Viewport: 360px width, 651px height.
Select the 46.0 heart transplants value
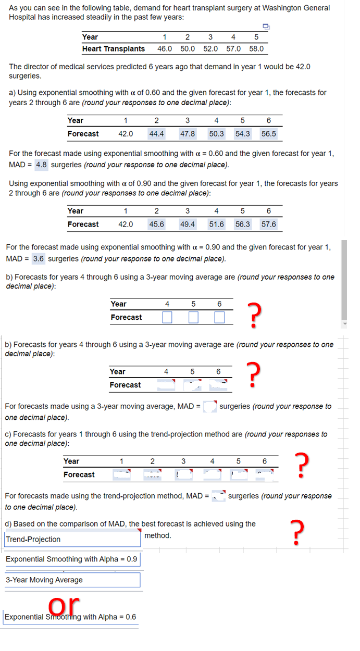click(x=165, y=49)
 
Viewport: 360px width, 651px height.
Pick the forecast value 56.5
click(x=269, y=134)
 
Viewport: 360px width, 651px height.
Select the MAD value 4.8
click(x=41, y=165)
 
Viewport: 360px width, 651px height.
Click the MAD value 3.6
click(x=38, y=259)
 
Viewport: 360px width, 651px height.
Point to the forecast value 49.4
click(x=188, y=224)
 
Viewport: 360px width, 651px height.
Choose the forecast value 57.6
click(x=269, y=224)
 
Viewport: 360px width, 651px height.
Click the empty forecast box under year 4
click(x=167, y=317)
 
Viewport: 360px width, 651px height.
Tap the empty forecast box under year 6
click(x=219, y=317)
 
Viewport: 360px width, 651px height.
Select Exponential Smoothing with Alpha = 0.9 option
click(x=72, y=559)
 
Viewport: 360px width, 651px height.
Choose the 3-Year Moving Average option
click(x=72, y=580)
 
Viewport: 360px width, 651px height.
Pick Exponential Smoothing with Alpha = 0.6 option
click(x=70, y=617)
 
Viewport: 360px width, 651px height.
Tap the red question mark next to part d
click(x=296, y=532)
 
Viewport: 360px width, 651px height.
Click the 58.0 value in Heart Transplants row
click(x=256, y=49)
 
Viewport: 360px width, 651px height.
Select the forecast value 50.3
click(x=216, y=134)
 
